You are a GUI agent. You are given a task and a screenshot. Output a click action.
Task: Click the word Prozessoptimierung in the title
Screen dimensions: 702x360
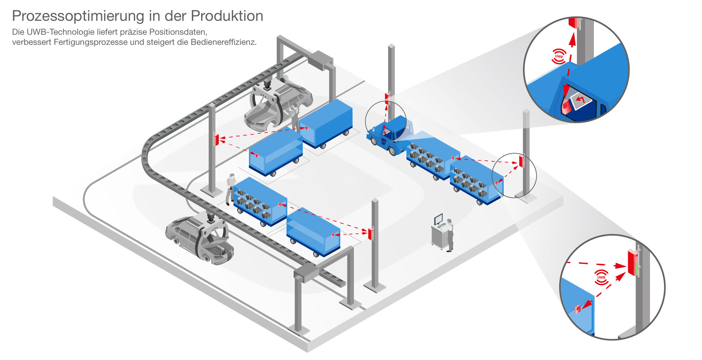(78, 16)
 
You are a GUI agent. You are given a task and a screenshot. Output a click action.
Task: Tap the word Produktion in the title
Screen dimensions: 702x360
(227, 16)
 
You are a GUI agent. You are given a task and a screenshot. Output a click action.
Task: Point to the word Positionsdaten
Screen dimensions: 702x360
(178, 32)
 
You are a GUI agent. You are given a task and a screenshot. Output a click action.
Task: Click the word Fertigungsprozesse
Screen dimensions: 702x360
(91, 42)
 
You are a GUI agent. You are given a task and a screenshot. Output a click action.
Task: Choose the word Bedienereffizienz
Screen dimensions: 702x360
(224, 42)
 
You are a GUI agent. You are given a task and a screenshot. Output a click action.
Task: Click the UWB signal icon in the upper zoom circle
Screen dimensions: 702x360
(559, 56)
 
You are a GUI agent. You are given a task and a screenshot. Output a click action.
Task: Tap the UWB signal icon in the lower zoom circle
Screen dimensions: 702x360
(601, 277)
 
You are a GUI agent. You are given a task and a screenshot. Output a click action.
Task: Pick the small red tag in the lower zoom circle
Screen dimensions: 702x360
(578, 309)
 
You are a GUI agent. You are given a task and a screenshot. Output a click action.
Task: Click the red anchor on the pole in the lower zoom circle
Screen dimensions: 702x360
(633, 262)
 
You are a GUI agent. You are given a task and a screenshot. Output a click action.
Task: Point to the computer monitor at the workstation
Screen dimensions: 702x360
(438, 219)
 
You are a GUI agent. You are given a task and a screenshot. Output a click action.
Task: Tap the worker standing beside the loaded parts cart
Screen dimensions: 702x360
(231, 189)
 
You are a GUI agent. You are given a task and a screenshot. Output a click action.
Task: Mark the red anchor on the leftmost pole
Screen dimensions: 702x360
(216, 140)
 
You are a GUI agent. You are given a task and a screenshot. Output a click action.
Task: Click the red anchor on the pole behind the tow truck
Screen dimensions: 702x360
(387, 99)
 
